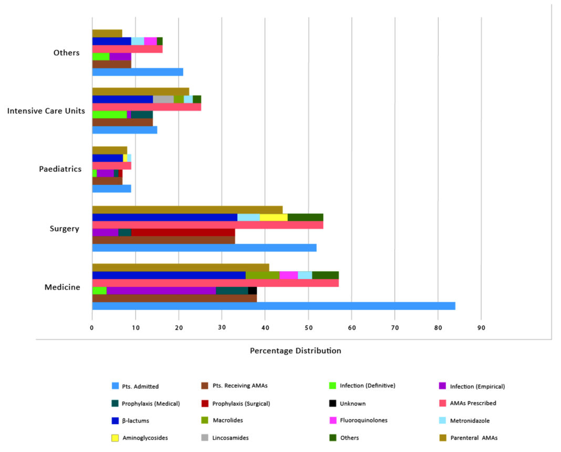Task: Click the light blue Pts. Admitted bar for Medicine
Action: (x=273, y=306)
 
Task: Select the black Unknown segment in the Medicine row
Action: (x=252, y=290)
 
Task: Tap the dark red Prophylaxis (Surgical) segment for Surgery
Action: (x=183, y=232)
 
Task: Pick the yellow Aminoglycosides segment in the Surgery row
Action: (x=273, y=217)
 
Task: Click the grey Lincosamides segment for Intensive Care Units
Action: (x=163, y=99)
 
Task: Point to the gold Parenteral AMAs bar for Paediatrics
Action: (x=109, y=150)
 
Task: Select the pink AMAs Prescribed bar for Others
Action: (x=127, y=49)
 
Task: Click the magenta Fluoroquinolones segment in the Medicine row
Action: (x=288, y=275)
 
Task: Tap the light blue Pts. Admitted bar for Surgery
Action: (x=204, y=248)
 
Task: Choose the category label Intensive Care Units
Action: (x=46, y=111)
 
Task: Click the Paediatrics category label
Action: (x=60, y=169)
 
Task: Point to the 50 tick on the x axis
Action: (x=308, y=328)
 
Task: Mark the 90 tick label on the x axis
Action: (x=481, y=328)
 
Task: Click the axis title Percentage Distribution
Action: (x=295, y=351)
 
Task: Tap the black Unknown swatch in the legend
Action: (x=331, y=403)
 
